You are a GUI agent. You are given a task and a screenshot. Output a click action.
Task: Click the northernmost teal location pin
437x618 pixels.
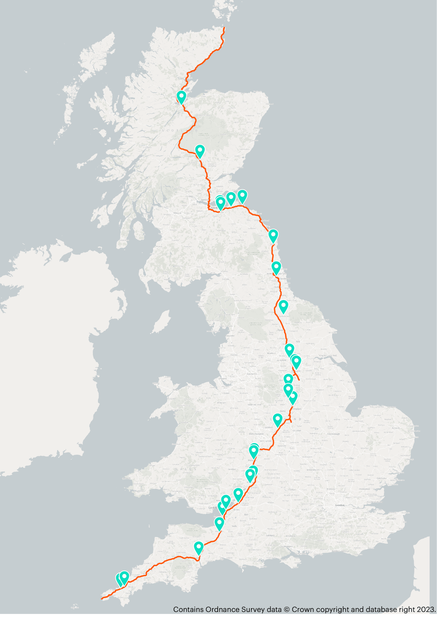tap(181, 97)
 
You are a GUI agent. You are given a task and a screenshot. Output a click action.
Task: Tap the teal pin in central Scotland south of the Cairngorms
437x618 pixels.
tap(200, 151)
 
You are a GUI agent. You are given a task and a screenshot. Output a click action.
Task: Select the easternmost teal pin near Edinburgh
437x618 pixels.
tap(242, 196)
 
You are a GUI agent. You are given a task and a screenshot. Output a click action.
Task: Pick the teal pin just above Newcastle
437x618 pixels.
tap(276, 268)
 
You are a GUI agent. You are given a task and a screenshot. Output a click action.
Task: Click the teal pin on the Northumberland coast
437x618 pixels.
tap(273, 236)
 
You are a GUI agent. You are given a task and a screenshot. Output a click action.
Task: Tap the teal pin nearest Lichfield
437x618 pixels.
tap(278, 420)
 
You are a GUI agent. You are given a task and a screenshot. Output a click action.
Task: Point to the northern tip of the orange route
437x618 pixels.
tap(224, 27)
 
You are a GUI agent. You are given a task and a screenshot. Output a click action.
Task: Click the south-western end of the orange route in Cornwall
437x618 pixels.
tap(102, 598)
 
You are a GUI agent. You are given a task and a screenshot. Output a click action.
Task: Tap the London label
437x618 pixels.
tap(340, 505)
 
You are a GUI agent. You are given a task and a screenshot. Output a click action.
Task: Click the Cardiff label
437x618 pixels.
tap(212, 507)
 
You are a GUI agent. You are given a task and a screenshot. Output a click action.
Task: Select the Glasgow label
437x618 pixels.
tap(177, 213)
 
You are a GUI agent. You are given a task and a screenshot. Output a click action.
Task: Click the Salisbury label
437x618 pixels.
tap(270, 535)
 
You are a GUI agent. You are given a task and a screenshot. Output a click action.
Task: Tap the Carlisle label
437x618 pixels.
tap(225, 279)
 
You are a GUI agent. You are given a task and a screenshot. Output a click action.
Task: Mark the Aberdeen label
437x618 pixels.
tap(258, 128)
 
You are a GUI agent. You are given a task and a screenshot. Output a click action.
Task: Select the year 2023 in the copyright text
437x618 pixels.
tap(426, 609)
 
